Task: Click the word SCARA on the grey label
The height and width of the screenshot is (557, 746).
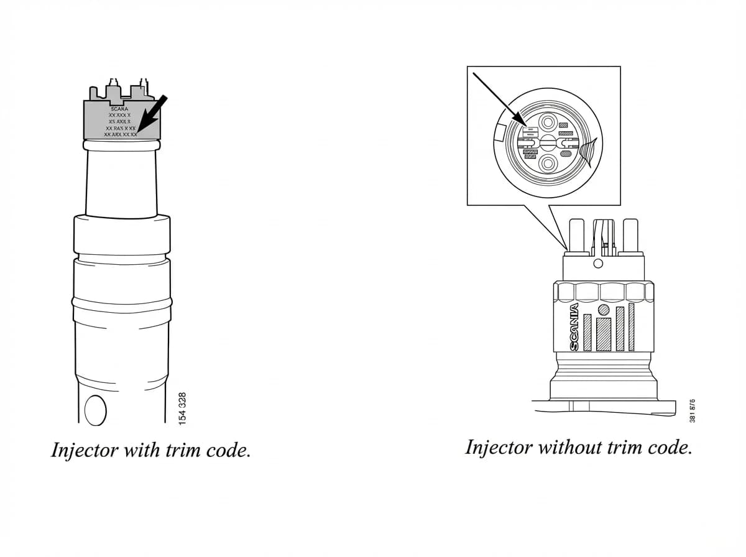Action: (119, 109)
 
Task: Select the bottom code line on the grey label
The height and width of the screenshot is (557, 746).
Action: (121, 134)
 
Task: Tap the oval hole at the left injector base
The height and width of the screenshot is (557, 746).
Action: (95, 410)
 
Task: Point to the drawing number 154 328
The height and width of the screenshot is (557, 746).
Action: (182, 408)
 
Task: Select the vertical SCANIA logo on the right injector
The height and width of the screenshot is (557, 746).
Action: (574, 326)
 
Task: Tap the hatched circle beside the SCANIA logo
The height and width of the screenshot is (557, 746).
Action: (603, 310)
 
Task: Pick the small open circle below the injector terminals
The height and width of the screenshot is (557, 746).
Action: (598, 264)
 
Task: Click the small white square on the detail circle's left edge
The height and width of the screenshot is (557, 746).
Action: (500, 131)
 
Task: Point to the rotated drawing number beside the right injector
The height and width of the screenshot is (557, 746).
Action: (692, 411)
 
